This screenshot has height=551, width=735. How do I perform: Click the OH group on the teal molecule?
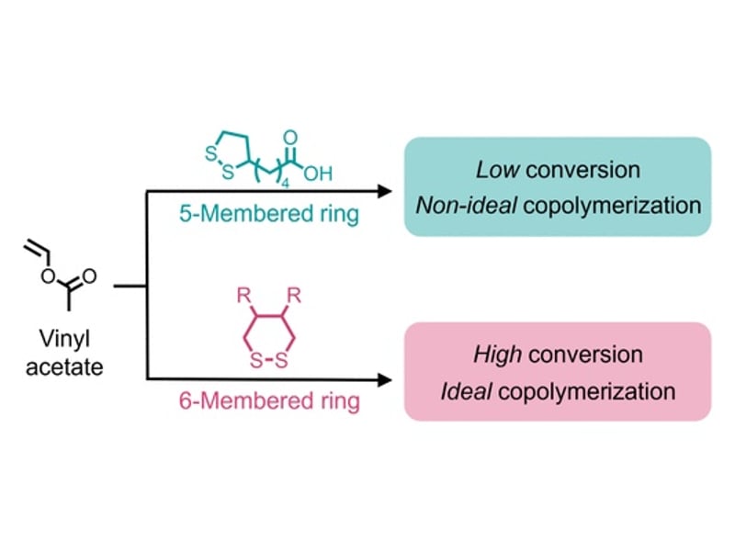(x=313, y=172)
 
